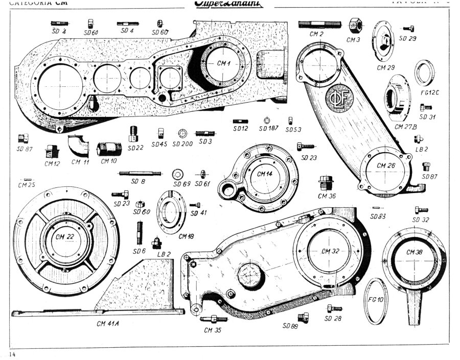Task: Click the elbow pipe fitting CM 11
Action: point(79,146)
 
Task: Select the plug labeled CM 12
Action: point(52,152)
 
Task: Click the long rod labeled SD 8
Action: point(140,174)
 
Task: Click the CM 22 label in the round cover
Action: point(66,236)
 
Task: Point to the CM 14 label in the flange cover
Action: point(265,174)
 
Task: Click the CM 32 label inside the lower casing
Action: point(331,250)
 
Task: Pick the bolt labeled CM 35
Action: point(214,319)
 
